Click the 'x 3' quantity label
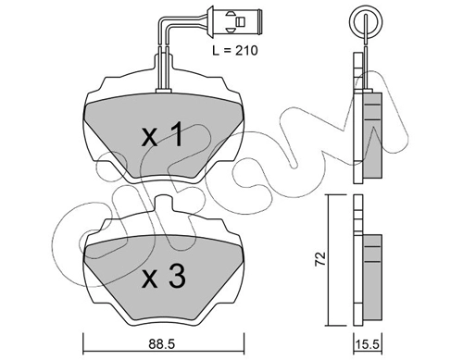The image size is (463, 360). pos(164,277)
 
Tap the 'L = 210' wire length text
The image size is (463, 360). pos(235,50)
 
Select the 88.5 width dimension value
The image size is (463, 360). pos(161,344)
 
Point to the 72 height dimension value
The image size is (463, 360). pos(320,258)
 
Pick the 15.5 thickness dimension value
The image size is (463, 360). pos(368,344)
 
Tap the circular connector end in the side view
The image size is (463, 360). pos(366,22)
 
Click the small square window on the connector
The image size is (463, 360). pos(240,21)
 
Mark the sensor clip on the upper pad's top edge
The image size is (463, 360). pos(164,91)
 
